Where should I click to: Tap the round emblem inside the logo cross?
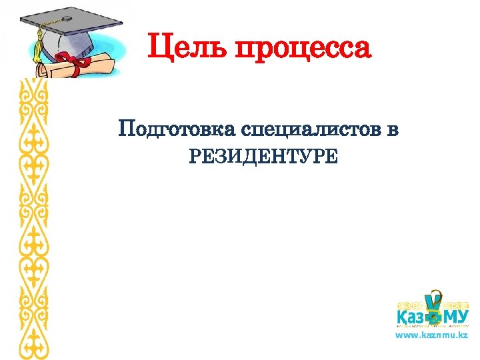pyautogui.click(x=435, y=317)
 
